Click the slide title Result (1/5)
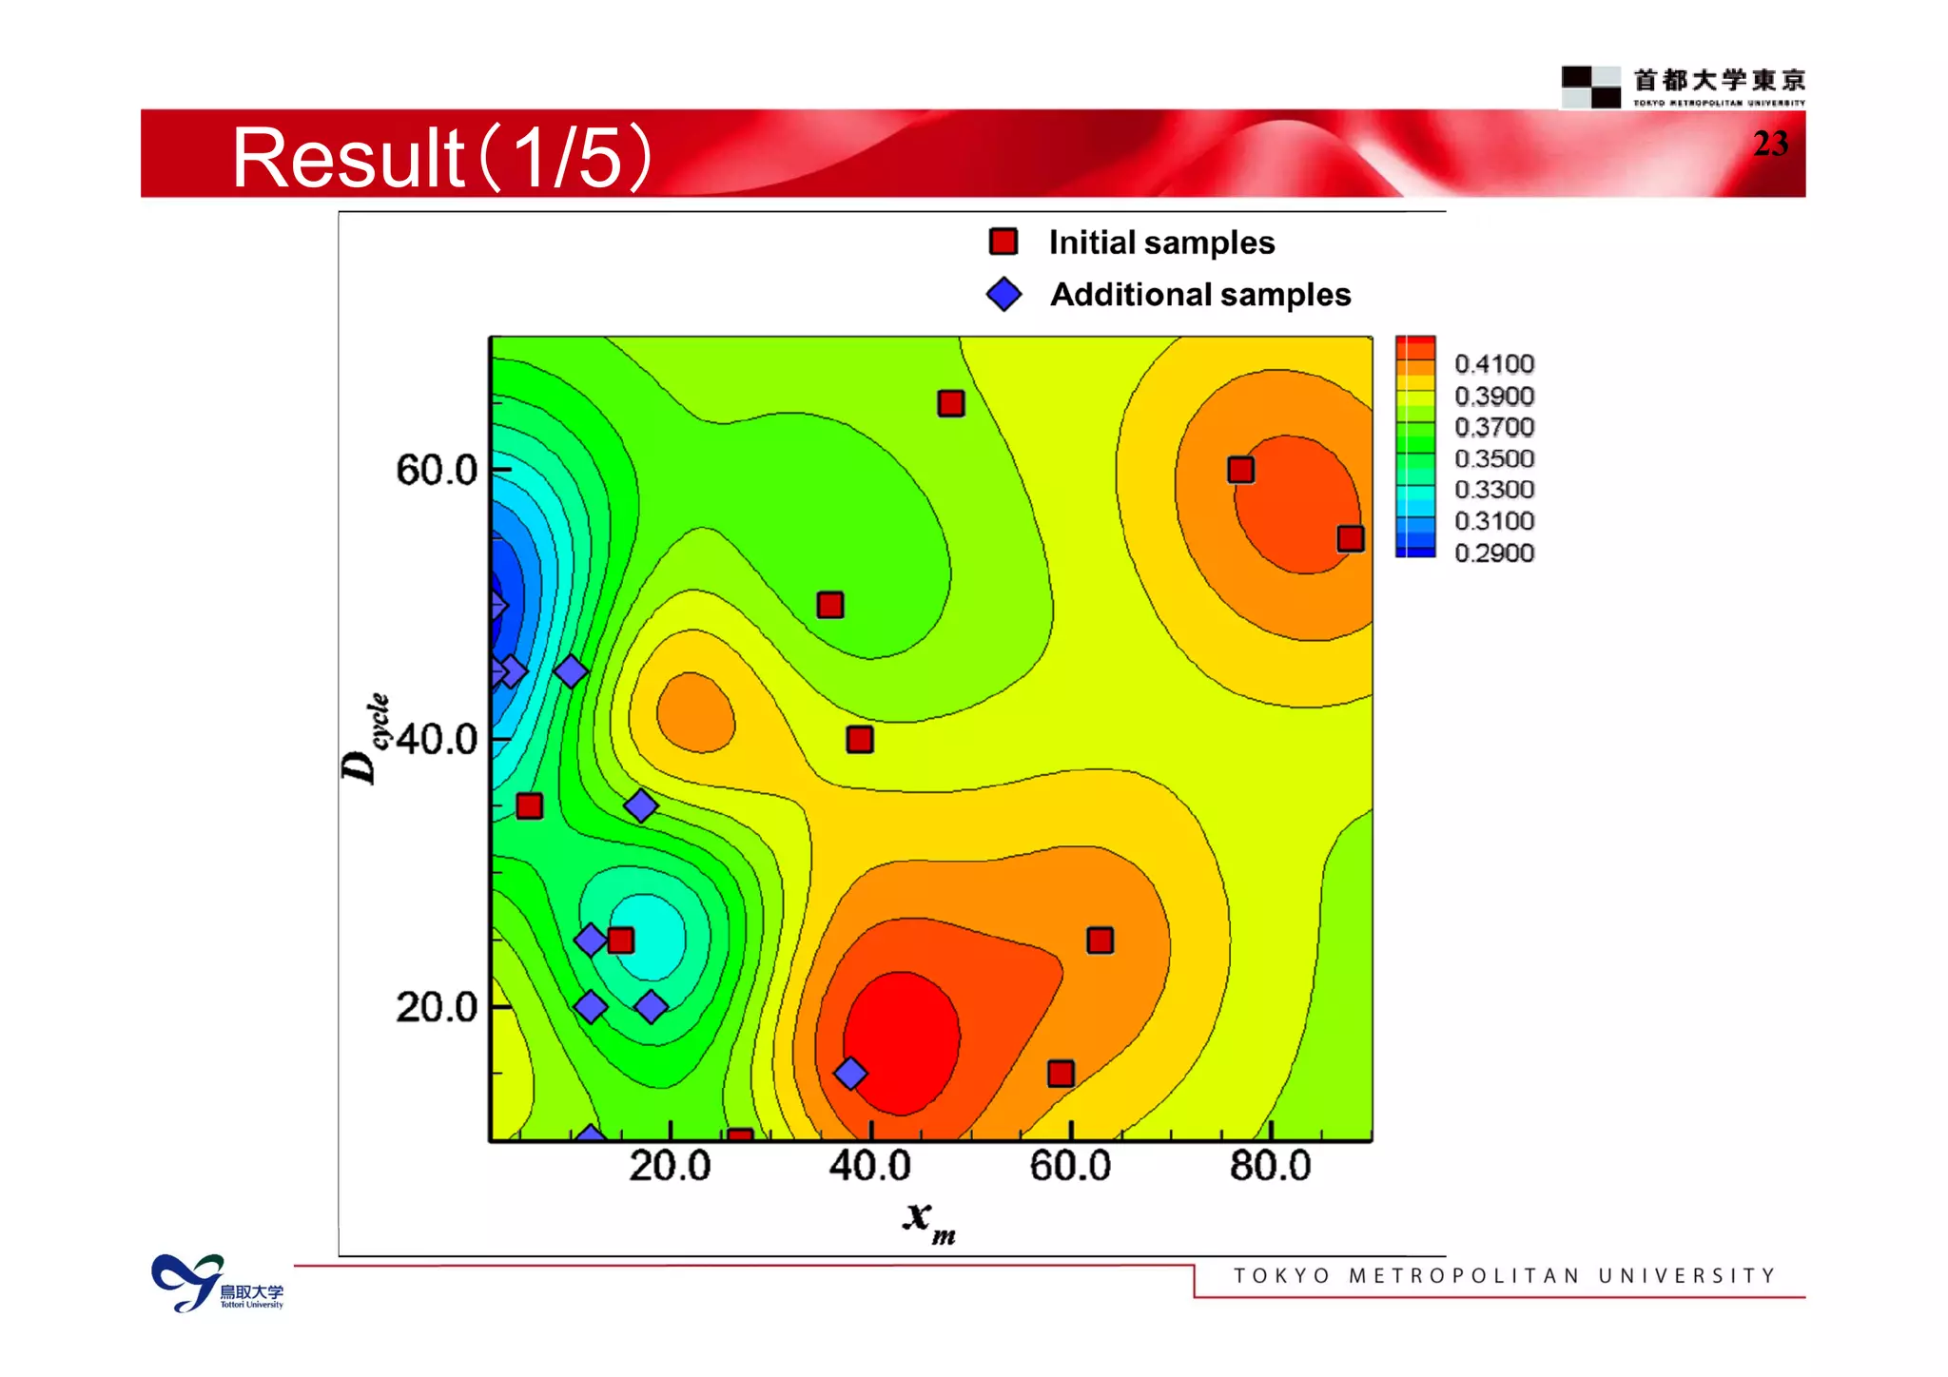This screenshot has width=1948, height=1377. pos(442,158)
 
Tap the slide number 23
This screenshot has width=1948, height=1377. pos(1770,144)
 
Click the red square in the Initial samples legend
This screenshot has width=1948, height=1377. pos(1003,242)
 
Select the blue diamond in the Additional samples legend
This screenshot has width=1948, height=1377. pos(1003,294)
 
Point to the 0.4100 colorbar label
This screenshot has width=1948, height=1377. pos(1493,364)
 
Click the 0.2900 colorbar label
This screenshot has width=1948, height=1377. pos(1493,553)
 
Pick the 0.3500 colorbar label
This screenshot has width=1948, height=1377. pos(1493,458)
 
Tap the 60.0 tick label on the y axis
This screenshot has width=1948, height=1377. pos(437,470)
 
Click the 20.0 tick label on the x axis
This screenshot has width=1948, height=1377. pos(670,1166)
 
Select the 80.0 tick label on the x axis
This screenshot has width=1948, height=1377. pos(1270,1166)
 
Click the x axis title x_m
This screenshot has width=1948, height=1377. pos(927,1219)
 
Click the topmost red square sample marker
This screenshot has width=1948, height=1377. pos(951,403)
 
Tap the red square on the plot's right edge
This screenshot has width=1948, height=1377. pos(1351,539)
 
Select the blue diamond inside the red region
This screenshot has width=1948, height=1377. pos(850,1074)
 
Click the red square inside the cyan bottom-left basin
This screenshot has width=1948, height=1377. pos(620,941)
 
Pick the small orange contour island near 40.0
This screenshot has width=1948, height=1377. pos(695,713)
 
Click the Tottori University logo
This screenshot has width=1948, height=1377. pos(217,1283)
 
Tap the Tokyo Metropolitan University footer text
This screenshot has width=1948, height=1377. pos(1504,1275)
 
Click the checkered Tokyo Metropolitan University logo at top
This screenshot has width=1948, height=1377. pos(1590,87)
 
